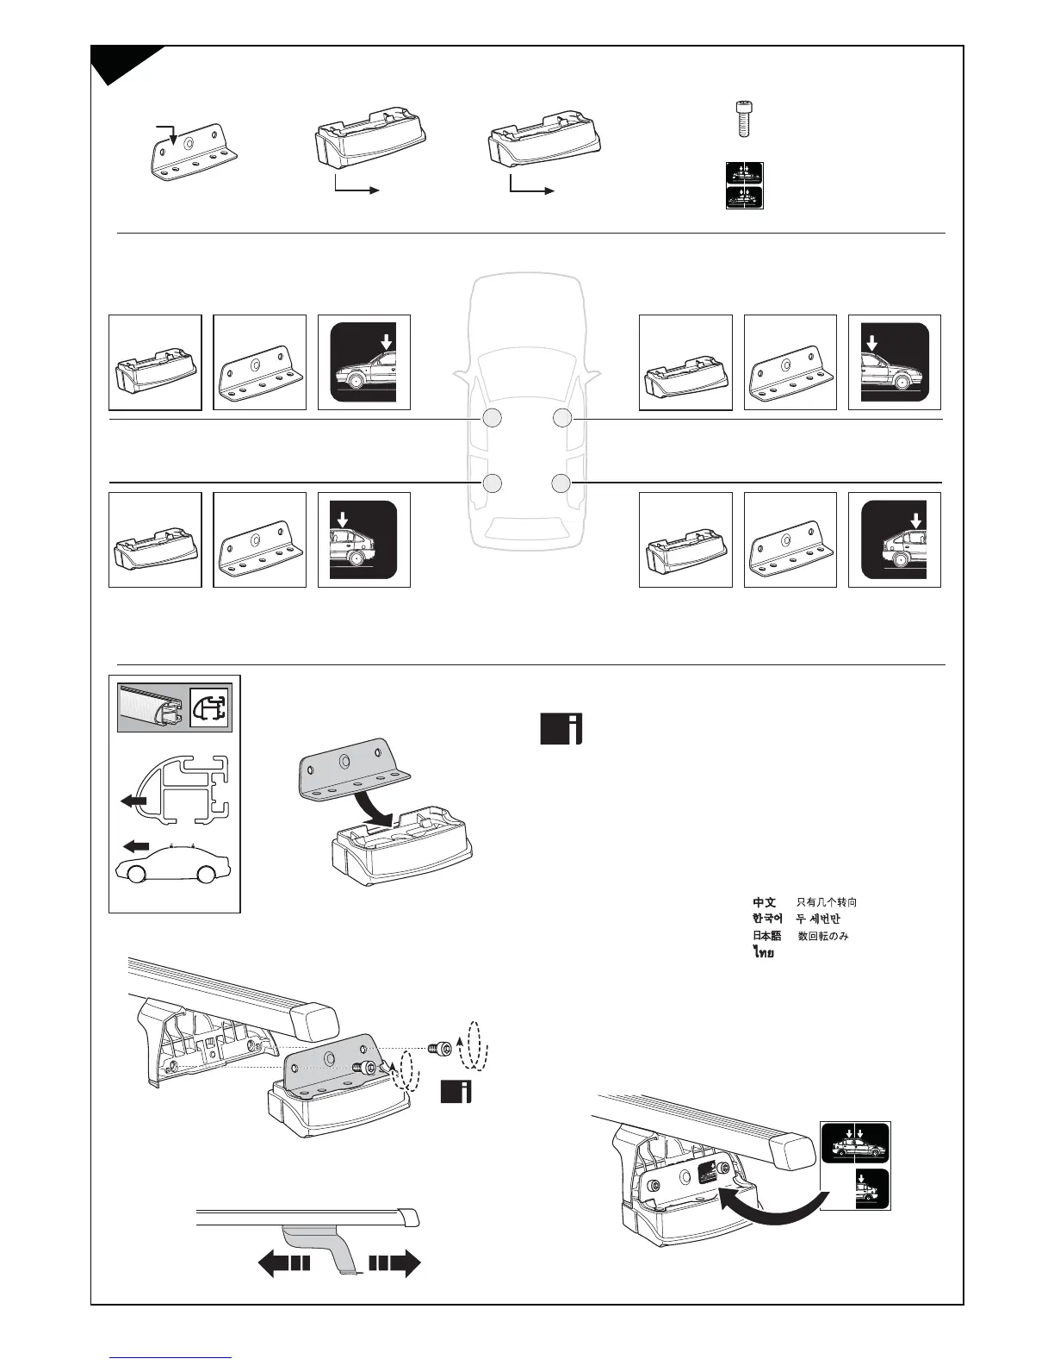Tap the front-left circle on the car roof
point(492,419)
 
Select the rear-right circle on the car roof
point(561,483)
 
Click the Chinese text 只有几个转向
point(827,902)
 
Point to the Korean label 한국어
point(766,919)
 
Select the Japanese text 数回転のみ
point(823,935)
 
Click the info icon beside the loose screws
point(456,1091)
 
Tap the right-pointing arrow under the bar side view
point(395,1263)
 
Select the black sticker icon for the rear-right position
point(894,539)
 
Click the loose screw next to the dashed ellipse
point(438,1049)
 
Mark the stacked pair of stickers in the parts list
point(744,185)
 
